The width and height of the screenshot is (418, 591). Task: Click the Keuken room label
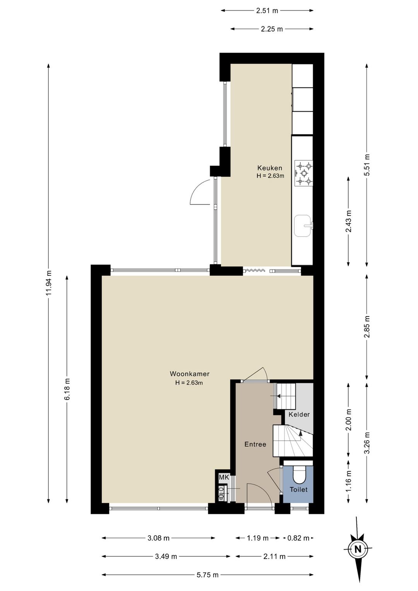(x=269, y=168)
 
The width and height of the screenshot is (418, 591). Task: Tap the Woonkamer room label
(x=190, y=374)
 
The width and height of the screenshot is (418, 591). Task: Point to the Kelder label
(x=299, y=414)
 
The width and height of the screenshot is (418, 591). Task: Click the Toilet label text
(x=298, y=490)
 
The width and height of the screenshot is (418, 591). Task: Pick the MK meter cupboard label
(x=224, y=477)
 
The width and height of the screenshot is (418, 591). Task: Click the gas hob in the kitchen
(x=304, y=174)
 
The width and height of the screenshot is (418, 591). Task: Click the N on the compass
(x=358, y=548)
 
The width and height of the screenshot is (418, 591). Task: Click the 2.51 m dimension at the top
(x=267, y=10)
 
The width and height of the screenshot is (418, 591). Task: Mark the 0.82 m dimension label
(x=298, y=538)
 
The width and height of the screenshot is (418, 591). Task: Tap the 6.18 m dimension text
(x=67, y=389)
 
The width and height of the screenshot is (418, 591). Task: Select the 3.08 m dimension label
(x=158, y=538)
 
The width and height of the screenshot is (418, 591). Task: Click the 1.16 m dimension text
(x=349, y=481)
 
